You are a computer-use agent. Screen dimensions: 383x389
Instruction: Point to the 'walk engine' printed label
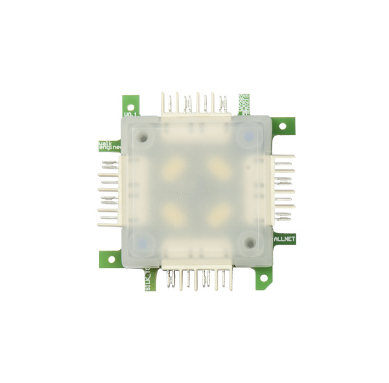coord(106,145)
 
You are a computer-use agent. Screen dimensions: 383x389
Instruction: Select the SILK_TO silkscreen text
coord(148,279)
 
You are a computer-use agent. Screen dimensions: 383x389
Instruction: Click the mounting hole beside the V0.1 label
coord(130,104)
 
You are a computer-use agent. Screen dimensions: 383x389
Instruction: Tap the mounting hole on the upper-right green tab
coord(283,127)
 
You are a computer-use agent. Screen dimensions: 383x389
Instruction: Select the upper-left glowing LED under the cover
coord(173,170)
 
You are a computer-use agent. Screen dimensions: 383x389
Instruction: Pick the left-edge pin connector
coord(110,192)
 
